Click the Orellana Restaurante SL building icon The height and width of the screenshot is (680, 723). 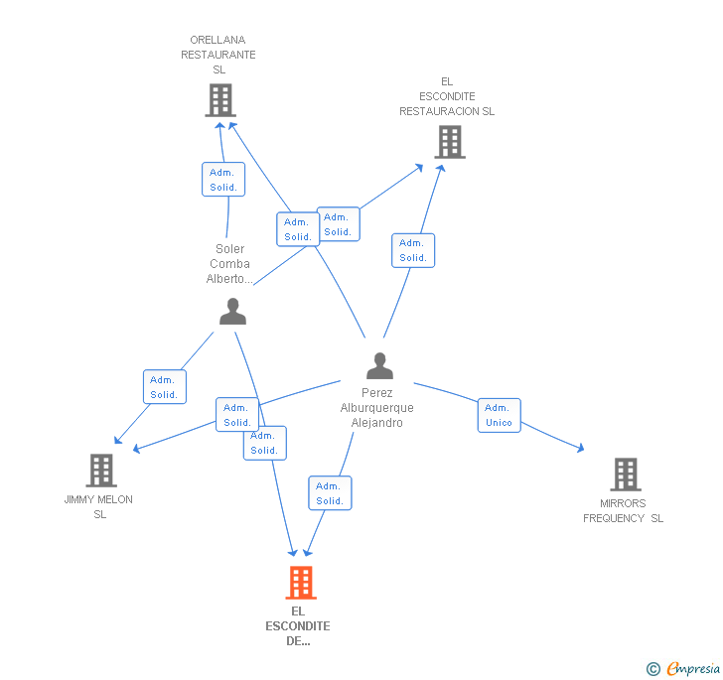click(x=219, y=100)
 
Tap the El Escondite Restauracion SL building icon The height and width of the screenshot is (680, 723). click(x=449, y=142)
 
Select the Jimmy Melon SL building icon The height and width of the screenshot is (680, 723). click(x=100, y=471)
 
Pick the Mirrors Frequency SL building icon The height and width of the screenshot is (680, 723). click(x=625, y=475)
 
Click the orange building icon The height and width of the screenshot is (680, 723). click(x=300, y=583)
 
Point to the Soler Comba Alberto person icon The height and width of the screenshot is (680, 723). click(x=232, y=312)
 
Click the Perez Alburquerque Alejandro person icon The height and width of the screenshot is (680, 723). click(x=379, y=366)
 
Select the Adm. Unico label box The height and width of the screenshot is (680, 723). click(x=499, y=415)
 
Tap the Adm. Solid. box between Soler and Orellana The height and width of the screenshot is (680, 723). click(x=223, y=180)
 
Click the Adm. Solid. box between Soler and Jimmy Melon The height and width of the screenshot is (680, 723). click(x=164, y=387)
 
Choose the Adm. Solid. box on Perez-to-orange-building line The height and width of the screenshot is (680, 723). click(x=330, y=493)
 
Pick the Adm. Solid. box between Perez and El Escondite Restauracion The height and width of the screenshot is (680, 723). click(x=413, y=250)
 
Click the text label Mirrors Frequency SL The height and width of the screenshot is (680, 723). click(x=623, y=511)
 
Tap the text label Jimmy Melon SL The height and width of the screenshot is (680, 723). click(x=99, y=506)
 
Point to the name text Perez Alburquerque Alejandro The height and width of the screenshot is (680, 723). click(x=377, y=408)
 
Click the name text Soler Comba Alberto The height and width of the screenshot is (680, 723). click(x=229, y=264)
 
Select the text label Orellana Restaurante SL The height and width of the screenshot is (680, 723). click(x=218, y=55)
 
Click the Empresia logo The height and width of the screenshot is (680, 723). click(x=683, y=669)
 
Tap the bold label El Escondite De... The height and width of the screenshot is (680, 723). click(x=298, y=625)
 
